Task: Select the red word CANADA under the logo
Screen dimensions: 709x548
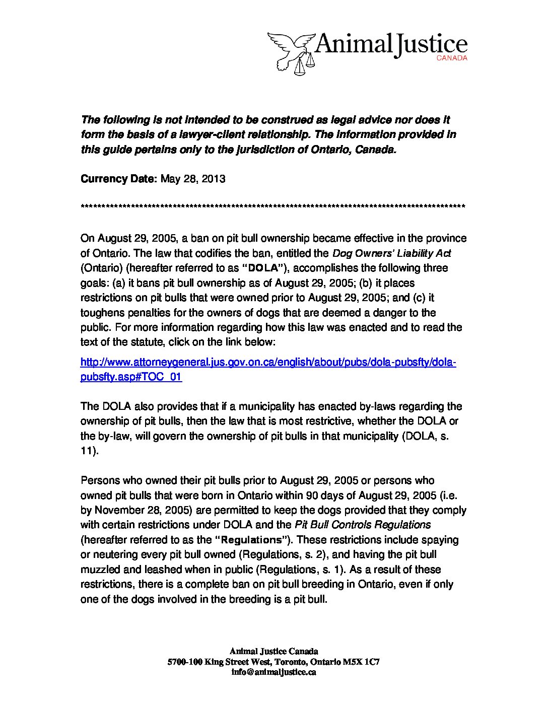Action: pyautogui.click(x=452, y=58)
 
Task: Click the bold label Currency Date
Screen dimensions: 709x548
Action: pyautogui.click(x=119, y=179)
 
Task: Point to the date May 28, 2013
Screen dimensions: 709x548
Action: pyautogui.click(x=192, y=179)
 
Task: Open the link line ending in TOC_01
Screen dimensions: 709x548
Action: pyautogui.click(x=131, y=377)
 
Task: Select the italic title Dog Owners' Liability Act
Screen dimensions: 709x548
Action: pyautogui.click(x=391, y=253)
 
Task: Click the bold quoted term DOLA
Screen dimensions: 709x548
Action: pyautogui.click(x=264, y=268)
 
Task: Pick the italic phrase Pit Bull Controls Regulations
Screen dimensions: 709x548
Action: pyautogui.click(x=363, y=525)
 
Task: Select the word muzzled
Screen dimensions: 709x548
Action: pyautogui.click(x=100, y=570)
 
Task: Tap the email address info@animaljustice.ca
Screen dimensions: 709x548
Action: pyautogui.click(x=273, y=672)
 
